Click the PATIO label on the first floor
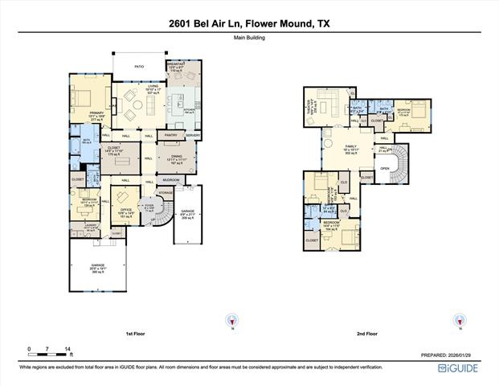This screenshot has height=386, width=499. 138,67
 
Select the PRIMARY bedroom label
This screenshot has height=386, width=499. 96,113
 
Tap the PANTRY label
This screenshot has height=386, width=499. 170,135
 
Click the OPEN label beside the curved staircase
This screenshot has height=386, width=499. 385,168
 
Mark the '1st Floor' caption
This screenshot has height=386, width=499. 136,331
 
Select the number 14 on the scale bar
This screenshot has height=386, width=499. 68,349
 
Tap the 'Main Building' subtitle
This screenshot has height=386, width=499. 249,38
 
